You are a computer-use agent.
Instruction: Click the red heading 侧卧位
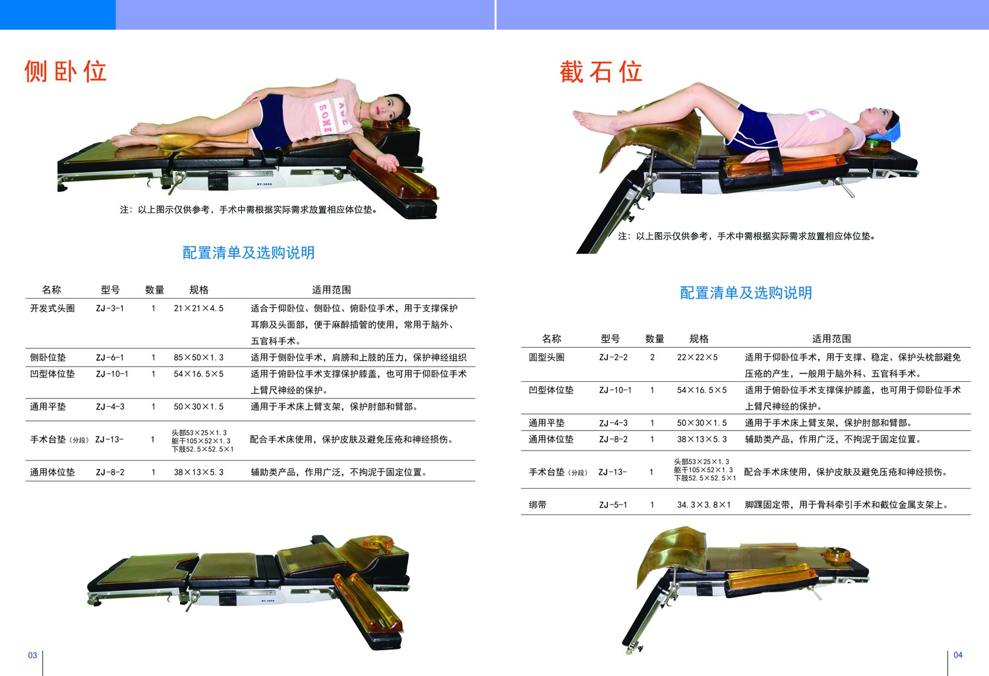[65, 71]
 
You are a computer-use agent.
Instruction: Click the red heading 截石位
[601, 71]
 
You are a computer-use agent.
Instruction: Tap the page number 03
[33, 656]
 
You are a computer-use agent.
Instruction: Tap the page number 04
[957, 655]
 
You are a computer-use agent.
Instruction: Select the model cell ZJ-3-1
[110, 308]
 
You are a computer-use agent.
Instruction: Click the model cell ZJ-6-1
[110, 357]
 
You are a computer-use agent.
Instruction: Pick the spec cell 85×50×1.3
[198, 357]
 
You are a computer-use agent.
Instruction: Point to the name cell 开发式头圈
[52, 308]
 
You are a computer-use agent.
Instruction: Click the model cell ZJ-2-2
[613, 357]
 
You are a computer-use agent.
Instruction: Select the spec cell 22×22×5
[698, 357]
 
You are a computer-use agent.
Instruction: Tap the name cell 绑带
[537, 505]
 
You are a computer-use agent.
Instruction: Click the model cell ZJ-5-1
[613, 505]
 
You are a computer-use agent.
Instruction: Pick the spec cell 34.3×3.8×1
[704, 505]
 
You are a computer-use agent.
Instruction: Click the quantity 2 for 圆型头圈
[652, 357]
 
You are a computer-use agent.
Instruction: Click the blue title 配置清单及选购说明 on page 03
[249, 253]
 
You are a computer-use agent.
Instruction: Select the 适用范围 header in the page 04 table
[831, 339]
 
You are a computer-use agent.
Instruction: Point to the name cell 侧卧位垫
[47, 357]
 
